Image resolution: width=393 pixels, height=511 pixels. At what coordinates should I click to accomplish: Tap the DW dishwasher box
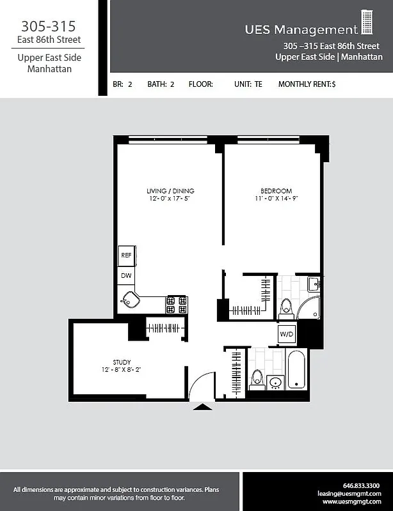[x=125, y=276]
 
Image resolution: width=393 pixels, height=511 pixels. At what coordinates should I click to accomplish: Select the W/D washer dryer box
[x=286, y=334]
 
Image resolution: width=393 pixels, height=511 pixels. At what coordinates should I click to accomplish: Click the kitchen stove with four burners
[x=177, y=304]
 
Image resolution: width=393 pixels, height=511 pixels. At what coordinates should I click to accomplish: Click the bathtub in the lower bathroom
[x=296, y=369]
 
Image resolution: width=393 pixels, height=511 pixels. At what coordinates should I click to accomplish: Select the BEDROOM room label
[x=276, y=191]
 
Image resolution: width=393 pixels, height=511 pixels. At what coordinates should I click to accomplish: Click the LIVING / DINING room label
[x=170, y=191]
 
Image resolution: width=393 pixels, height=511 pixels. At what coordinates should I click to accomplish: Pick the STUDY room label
[x=121, y=362]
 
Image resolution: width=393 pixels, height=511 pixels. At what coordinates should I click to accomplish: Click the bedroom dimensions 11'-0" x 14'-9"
[x=276, y=199]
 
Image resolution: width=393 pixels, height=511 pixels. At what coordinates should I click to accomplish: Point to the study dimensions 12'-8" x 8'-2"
[x=121, y=370]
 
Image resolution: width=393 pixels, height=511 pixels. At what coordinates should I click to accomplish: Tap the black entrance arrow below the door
[x=202, y=406]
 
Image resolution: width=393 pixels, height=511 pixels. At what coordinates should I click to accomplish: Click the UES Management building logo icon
[x=367, y=22]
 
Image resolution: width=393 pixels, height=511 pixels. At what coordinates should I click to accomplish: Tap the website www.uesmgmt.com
[x=357, y=501]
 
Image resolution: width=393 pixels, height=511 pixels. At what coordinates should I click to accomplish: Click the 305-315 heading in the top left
[x=49, y=26]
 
